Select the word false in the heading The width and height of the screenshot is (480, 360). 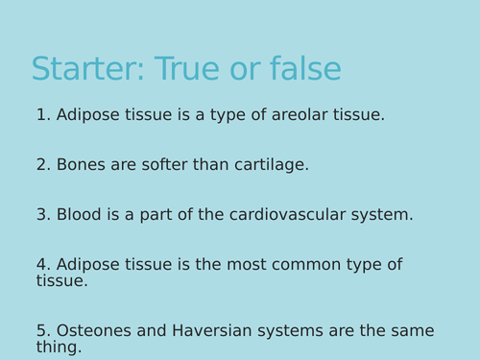(x=304, y=70)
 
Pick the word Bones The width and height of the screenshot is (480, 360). (x=81, y=165)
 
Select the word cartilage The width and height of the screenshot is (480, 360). (x=271, y=165)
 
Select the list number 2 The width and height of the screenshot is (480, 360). (x=42, y=165)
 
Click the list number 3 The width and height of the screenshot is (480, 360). (x=42, y=215)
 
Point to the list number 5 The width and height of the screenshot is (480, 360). (x=42, y=331)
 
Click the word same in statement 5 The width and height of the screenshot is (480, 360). (x=411, y=331)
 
